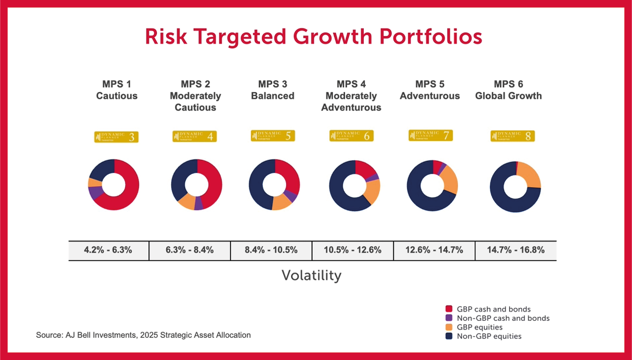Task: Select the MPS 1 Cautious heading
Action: (117, 90)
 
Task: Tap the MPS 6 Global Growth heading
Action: (508, 90)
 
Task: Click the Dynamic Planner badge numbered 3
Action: (117, 137)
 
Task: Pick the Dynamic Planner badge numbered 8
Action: (513, 136)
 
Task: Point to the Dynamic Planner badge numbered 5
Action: (273, 136)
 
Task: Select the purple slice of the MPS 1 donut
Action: (95, 193)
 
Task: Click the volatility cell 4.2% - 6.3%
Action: (109, 250)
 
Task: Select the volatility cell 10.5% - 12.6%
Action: (353, 250)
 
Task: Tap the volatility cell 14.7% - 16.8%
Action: (515, 250)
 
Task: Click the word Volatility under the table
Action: (311, 276)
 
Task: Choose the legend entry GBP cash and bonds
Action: (486, 309)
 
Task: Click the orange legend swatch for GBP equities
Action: (449, 327)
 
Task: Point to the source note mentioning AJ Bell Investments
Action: (144, 335)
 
